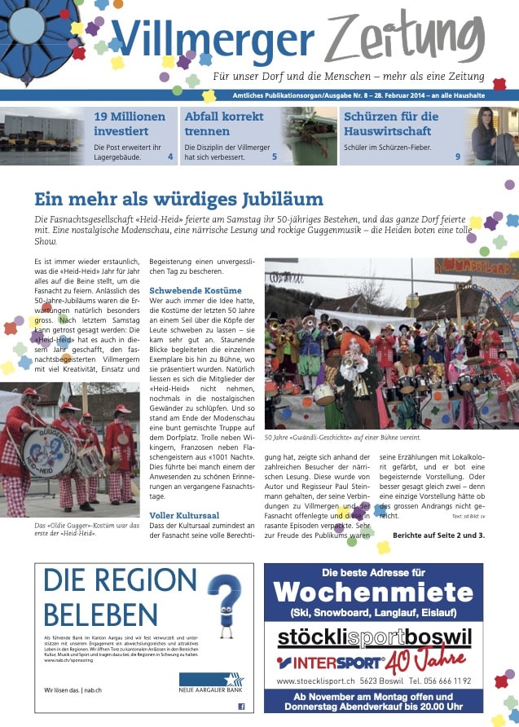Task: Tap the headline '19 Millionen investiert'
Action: coord(130,123)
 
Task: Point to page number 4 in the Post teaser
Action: coord(170,156)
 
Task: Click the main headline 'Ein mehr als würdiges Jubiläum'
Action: coord(178,199)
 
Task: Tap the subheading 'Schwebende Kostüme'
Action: coord(196,291)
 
